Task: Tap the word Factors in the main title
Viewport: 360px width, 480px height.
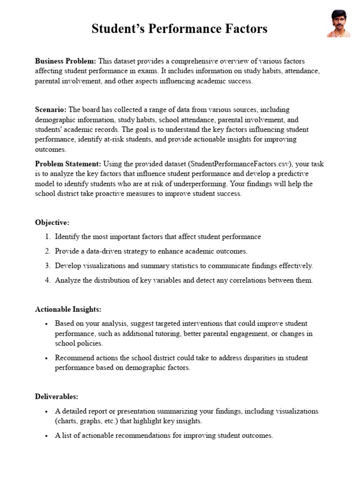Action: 244,29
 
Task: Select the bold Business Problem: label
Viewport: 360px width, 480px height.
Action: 66,61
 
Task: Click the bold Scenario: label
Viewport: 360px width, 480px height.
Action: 51,109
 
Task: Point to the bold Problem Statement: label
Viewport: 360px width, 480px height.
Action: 68,164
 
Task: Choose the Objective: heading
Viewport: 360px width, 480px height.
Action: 52,222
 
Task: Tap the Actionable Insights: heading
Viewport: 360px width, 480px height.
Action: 68,309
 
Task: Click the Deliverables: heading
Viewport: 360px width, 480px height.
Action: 56,397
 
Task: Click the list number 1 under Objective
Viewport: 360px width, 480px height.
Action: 48,237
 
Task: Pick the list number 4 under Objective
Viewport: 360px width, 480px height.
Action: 48,280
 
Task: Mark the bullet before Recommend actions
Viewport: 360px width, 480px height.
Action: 46,358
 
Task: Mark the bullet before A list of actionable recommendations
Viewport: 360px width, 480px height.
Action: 46,436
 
